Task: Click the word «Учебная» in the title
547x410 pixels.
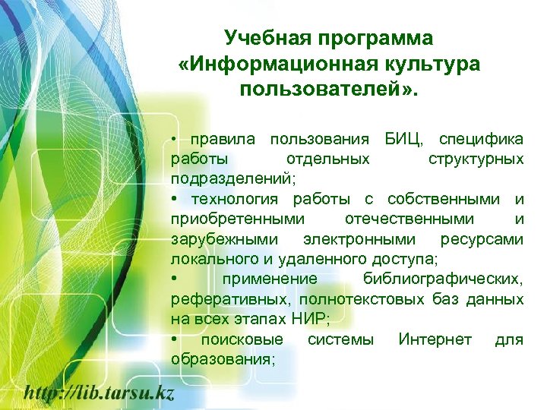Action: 261,38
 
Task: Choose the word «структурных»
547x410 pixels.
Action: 476,159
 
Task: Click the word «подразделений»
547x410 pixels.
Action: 231,180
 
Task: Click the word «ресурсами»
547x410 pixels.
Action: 482,239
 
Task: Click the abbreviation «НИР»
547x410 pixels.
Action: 309,319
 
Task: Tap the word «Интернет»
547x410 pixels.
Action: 435,339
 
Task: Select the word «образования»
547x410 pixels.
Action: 220,358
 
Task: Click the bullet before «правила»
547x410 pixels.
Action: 175,140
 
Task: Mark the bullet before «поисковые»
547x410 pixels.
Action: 175,339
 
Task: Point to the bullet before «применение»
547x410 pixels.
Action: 175,279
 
